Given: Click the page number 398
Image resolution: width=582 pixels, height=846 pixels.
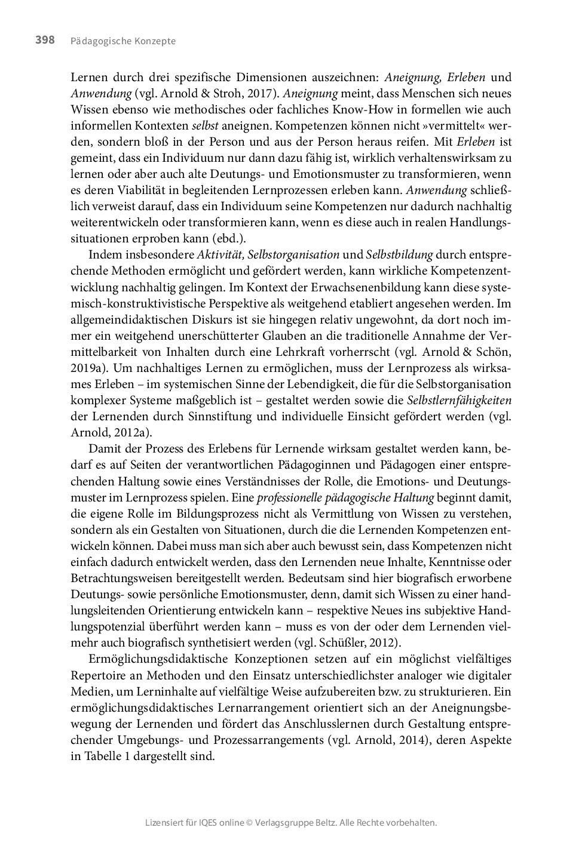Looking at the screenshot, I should (45, 41).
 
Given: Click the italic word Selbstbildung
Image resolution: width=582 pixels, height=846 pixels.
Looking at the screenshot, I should (399, 255).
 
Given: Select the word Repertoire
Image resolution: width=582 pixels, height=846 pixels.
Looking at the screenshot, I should (98, 675).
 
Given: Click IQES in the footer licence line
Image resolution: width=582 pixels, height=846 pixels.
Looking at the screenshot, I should (209, 823).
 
